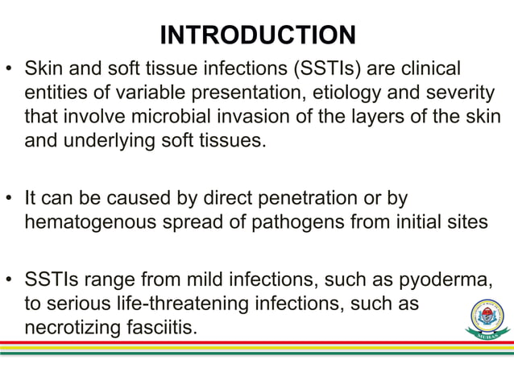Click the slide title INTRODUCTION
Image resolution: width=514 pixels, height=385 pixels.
[257, 35]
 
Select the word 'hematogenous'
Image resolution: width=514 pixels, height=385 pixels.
[96, 222]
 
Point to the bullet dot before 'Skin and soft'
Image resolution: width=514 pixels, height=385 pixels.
[11, 67]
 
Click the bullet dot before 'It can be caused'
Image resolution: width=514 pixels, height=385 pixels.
[11, 198]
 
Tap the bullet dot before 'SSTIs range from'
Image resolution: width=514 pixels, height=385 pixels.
[11, 279]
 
